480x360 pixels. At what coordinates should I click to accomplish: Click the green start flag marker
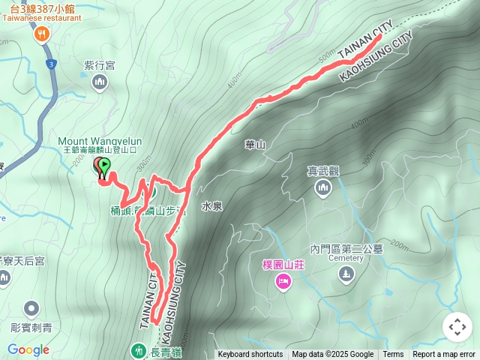point(104,166)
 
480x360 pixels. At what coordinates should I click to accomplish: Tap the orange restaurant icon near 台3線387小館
point(41,33)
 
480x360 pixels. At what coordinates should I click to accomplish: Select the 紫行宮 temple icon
point(99,82)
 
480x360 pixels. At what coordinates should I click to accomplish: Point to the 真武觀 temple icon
point(323,187)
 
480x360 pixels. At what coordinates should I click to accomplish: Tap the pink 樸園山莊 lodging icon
point(283,281)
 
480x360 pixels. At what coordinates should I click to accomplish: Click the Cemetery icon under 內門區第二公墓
point(344,274)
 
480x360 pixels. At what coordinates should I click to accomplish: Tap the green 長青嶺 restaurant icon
point(138,349)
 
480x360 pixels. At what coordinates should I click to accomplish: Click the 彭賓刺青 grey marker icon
point(31,308)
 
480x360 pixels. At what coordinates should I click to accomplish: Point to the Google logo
point(28,350)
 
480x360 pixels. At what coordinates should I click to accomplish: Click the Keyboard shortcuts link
point(250,355)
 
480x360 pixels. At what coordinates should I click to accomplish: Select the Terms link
point(393,355)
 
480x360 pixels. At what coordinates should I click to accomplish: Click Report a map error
point(444,355)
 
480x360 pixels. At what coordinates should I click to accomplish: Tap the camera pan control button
point(457,328)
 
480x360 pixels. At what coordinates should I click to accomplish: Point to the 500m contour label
point(325,57)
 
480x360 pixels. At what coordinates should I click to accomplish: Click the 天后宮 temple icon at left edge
point(4,279)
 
